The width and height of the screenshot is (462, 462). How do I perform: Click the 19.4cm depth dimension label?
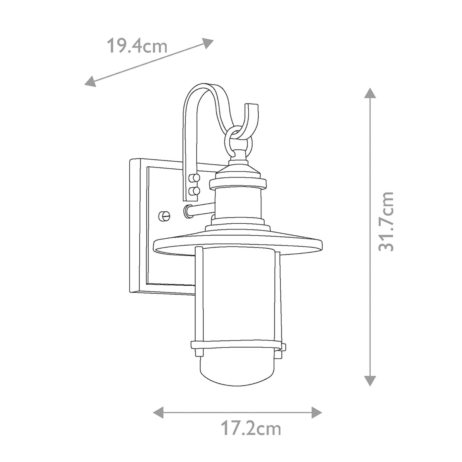(137, 47)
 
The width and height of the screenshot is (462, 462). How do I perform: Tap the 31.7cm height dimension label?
(386, 221)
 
